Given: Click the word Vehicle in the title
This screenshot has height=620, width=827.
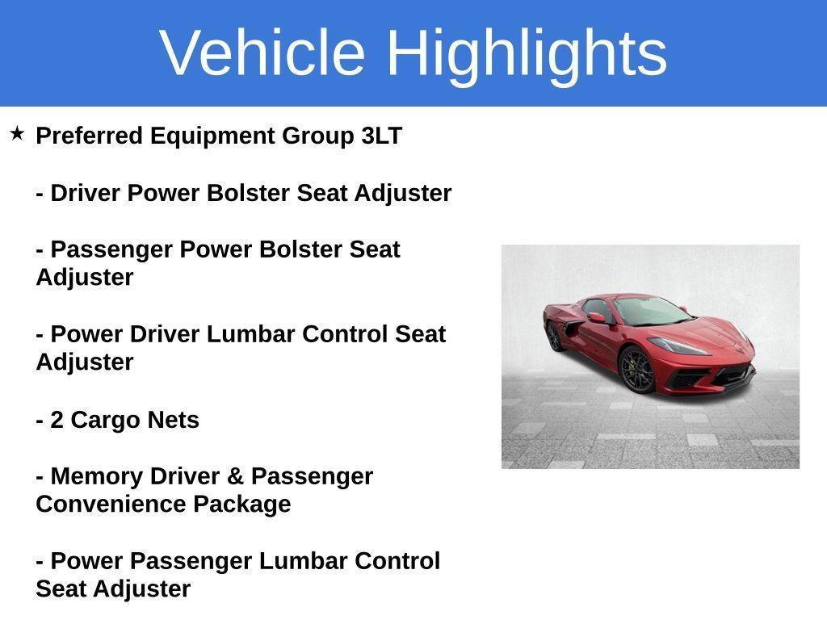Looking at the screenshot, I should (262, 52).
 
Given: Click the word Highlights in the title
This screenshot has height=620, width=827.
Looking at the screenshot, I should (527, 52).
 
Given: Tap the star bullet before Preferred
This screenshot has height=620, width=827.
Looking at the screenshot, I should (17, 133).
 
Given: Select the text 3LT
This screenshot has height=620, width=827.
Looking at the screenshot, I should (381, 136).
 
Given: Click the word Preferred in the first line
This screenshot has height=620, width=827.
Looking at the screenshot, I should (89, 136).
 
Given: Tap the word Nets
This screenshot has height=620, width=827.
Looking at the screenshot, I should (173, 420).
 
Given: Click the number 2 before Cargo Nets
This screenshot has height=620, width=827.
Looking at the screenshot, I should (57, 420).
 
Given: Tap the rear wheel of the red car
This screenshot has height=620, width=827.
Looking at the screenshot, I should (553, 336).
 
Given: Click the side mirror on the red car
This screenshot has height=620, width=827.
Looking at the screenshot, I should (596, 318).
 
